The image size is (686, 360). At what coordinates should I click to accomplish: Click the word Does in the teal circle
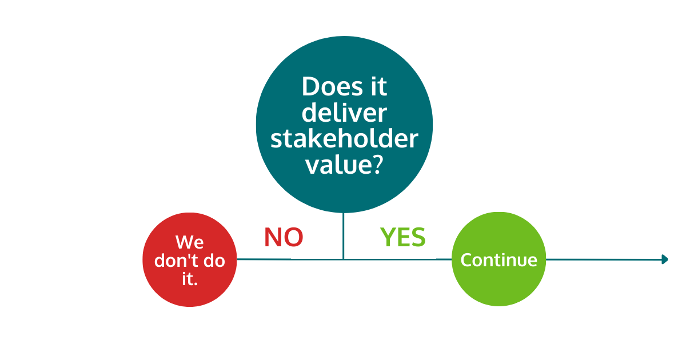point(327,87)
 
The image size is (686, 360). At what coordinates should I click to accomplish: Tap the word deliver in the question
point(344,113)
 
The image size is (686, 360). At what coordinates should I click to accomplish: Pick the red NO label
point(284,237)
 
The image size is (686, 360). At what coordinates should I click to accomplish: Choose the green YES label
point(403,237)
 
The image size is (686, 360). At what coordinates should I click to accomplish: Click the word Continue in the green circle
point(498,260)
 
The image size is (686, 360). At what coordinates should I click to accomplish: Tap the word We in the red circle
point(189,242)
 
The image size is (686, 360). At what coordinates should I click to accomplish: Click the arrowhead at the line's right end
point(664,259)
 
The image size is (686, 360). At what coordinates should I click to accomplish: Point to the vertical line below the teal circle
point(344,234)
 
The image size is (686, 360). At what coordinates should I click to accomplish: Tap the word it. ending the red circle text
point(189,279)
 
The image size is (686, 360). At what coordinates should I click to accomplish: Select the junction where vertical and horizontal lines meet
point(344,259)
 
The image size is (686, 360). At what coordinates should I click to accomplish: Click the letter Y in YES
point(388,237)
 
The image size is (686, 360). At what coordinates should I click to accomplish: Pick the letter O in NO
point(293,237)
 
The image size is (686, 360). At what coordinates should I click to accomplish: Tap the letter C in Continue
point(466,260)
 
